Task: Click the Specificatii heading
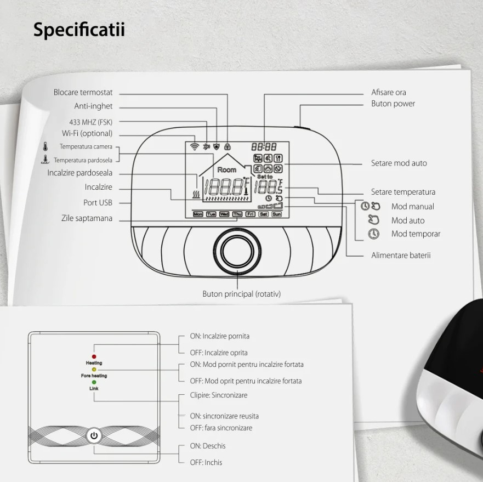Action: pyautogui.click(x=79, y=30)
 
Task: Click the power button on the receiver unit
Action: pyautogui.click(x=94, y=436)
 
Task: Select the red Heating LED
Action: pyautogui.click(x=94, y=356)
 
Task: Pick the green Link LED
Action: pyautogui.click(x=94, y=382)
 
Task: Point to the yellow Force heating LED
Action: pyautogui.click(x=94, y=370)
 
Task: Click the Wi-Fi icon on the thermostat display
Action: pyautogui.click(x=194, y=147)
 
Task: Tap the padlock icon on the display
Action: pyautogui.click(x=227, y=147)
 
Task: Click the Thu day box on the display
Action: pyautogui.click(x=237, y=214)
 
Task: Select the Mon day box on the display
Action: pyautogui.click(x=198, y=214)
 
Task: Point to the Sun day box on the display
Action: pyautogui.click(x=276, y=214)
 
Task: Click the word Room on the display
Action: pyautogui.click(x=226, y=170)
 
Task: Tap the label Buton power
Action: pyautogui.click(x=393, y=104)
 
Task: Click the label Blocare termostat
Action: pyautogui.click(x=83, y=93)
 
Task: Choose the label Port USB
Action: pyautogui.click(x=98, y=202)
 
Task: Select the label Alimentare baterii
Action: pyautogui.click(x=401, y=255)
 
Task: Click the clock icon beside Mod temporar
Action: pyautogui.click(x=373, y=234)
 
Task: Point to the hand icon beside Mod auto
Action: pyautogui.click(x=374, y=220)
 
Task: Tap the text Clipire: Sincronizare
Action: pyautogui.click(x=218, y=395)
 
